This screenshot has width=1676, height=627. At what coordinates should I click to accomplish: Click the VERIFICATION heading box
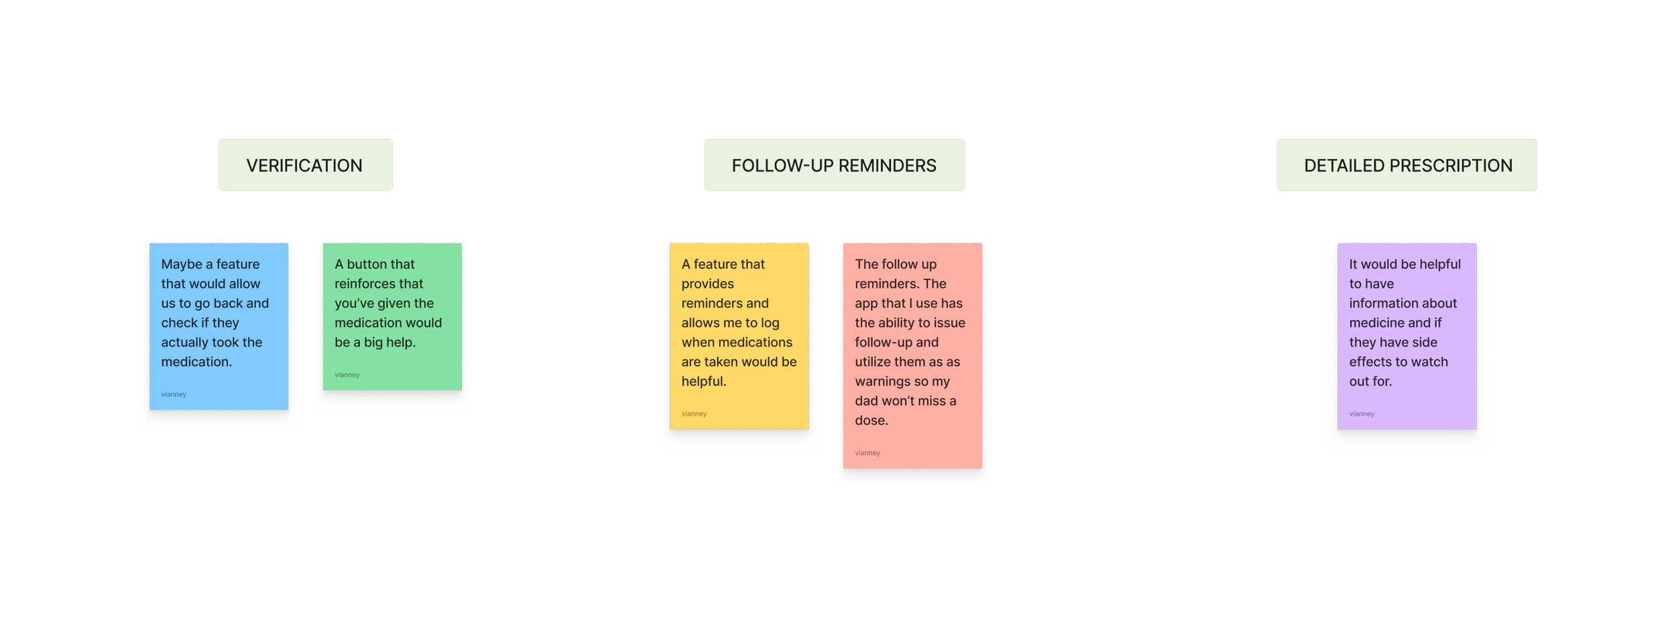pos(305,166)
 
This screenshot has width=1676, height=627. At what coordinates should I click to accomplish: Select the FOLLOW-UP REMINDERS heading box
pos(834,166)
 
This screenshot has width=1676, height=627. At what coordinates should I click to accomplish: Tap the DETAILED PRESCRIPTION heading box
pos(1406,166)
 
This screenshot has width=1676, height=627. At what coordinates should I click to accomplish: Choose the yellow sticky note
pos(739,336)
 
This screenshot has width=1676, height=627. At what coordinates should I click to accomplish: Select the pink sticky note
pos(912,355)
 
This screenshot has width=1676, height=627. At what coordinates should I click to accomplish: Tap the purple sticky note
pos(1406,336)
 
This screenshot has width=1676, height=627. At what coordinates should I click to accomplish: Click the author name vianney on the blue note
pos(174,394)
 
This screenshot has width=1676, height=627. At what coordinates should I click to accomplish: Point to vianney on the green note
pos(347,375)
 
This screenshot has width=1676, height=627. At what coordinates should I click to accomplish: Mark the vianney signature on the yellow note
pos(694,414)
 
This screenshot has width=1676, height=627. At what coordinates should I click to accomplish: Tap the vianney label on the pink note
pos(867,453)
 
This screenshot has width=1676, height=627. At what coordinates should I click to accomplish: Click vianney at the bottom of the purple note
pos(1362,414)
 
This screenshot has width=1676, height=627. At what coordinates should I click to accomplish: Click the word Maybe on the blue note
pos(182,264)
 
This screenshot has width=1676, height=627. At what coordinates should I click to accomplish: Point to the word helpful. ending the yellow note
pos(704,382)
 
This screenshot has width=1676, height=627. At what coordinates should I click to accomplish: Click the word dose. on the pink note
pos(872,420)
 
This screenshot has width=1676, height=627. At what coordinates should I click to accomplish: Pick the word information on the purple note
pos(1402,304)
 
